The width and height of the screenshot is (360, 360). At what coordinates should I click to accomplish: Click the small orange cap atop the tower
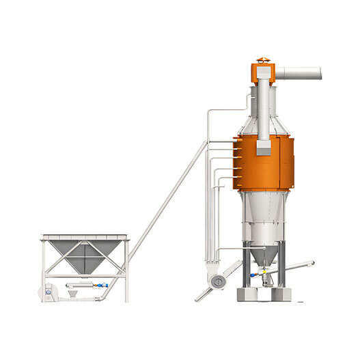pos(263,60)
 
